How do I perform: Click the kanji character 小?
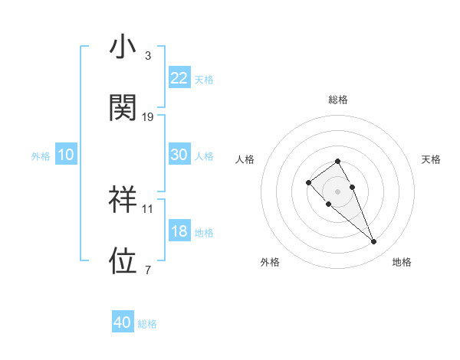click(123, 47)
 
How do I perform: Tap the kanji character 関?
click(123, 108)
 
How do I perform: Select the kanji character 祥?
click(123, 199)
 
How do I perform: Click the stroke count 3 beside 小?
click(148, 56)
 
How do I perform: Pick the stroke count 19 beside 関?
click(148, 116)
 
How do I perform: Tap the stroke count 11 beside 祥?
click(148, 208)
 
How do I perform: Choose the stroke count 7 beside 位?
click(148, 269)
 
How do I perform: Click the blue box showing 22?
click(179, 78)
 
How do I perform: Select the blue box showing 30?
click(179, 155)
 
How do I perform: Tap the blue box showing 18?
click(179, 231)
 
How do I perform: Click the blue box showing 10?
click(66, 155)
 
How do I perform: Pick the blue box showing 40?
click(123, 322)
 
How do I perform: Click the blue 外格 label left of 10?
click(41, 155)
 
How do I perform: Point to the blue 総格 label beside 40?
click(147, 324)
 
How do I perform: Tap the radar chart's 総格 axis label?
click(338, 100)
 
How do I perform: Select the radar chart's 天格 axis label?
click(432, 159)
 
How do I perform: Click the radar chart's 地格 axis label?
click(402, 262)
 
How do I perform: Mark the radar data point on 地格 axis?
click(374, 242)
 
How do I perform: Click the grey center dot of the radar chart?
click(338, 191)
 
